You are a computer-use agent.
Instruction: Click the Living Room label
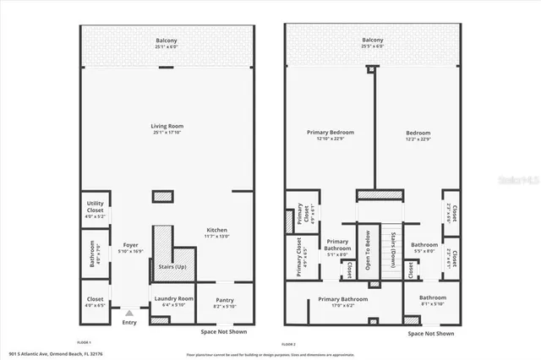pos(168,127)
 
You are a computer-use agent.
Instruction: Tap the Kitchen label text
pos(216,230)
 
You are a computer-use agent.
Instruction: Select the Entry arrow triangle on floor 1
pos(129,314)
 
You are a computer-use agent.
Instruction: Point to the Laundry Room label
pos(173,298)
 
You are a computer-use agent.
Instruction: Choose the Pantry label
pos(225,300)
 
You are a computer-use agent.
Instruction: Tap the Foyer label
pos(130,246)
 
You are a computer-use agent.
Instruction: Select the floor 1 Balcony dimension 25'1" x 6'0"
pos(167,46)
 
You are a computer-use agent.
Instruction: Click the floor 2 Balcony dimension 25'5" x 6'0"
pos(373,46)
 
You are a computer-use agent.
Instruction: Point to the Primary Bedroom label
pos(330,133)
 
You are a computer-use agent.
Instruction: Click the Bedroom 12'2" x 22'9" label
pos(418,133)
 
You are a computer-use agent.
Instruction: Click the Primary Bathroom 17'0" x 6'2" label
pos(342,299)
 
